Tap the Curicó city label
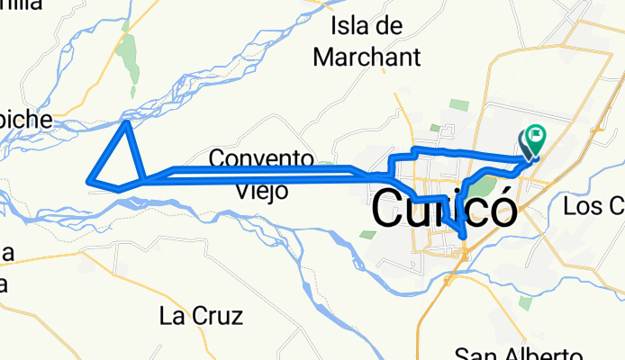click(x=445, y=212)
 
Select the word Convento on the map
click(x=261, y=159)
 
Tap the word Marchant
click(x=367, y=58)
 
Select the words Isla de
click(x=366, y=25)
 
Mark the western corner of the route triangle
click(x=88, y=183)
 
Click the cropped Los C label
click(x=593, y=207)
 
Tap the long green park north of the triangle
click(x=129, y=58)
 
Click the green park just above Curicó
click(x=485, y=187)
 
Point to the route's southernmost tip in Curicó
click(x=462, y=237)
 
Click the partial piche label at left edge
click(x=25, y=120)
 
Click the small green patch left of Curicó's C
click(x=367, y=235)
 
